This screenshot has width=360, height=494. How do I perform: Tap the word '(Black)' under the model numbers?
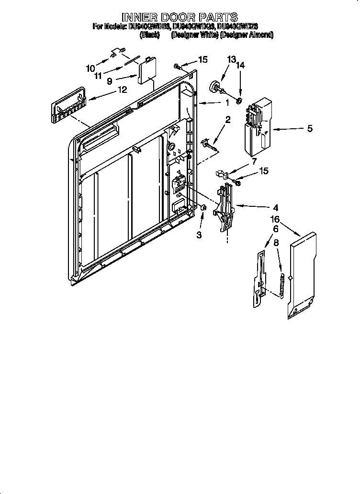[150, 35]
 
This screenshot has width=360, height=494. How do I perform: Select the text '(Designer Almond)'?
[246, 35]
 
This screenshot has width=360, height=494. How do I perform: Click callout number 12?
[123, 90]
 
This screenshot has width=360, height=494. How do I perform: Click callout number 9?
[110, 81]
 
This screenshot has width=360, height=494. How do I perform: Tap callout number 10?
[90, 68]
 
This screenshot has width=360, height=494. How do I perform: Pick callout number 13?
[231, 59]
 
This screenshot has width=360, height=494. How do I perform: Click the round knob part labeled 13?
[215, 87]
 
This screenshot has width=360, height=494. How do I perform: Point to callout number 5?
[310, 128]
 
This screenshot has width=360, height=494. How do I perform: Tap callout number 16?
[274, 220]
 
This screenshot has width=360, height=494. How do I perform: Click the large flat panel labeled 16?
[303, 276]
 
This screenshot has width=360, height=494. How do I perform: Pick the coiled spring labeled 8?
[283, 286]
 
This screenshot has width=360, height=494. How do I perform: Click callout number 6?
[275, 229]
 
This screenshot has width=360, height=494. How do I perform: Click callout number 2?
[228, 120]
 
